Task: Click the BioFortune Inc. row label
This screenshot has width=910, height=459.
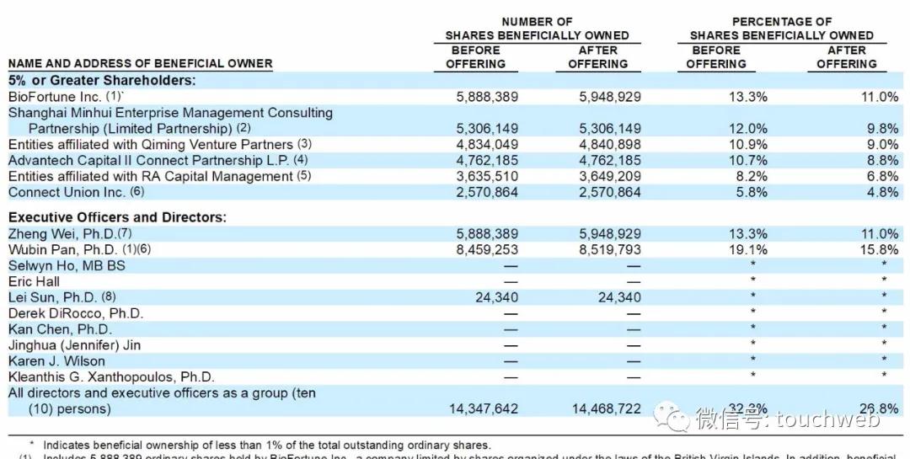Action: coord(55,97)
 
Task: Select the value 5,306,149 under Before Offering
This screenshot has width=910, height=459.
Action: coord(487,129)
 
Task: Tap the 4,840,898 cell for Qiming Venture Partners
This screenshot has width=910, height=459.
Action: coord(610,145)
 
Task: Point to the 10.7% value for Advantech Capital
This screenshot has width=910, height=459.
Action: coord(748,161)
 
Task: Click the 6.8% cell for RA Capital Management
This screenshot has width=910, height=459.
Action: coord(882,177)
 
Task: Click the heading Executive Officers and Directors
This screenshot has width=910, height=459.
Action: coord(117,217)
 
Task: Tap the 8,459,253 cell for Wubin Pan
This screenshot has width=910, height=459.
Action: coord(487,249)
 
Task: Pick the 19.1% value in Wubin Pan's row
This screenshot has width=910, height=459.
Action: coord(748,249)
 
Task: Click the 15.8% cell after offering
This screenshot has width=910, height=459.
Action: coord(879,249)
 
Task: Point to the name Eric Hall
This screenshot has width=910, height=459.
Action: coord(34,281)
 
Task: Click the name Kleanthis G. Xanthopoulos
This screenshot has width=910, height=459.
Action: coord(111,377)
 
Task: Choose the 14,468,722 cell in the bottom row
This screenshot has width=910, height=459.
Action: coord(607,408)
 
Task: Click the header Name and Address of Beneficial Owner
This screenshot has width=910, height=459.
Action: coord(140,64)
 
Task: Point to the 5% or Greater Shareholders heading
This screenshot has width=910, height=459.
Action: coord(102,81)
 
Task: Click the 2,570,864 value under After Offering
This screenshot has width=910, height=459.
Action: coord(610,192)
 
